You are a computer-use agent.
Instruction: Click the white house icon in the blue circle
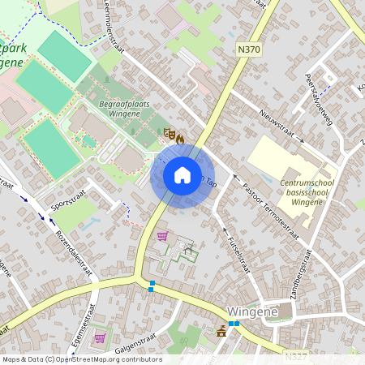182,174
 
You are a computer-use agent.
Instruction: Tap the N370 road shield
248,50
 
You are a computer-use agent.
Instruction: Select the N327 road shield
295,354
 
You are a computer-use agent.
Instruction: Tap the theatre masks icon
168,135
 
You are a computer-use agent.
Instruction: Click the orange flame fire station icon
179,139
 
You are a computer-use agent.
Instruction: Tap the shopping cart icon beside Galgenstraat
100,338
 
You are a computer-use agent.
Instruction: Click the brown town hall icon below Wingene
221,331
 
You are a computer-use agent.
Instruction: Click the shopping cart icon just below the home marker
162,237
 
